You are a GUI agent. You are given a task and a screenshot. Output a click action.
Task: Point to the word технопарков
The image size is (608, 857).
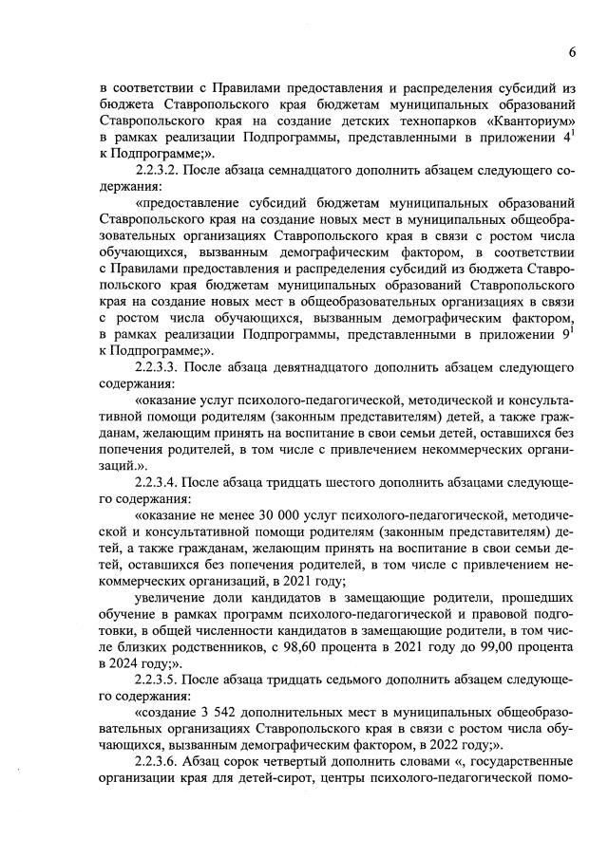415,121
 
